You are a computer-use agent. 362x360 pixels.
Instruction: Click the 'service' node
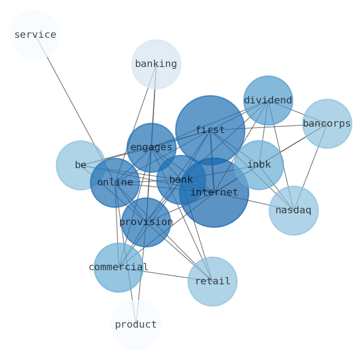[x=35, y=35]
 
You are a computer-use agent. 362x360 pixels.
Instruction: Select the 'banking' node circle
[x=156, y=64]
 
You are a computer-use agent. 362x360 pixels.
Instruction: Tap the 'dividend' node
[x=268, y=100]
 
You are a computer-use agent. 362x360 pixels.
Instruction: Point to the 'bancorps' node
[x=327, y=123]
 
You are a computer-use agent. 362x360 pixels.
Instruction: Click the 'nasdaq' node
[x=293, y=211]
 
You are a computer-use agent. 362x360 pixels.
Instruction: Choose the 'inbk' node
[x=259, y=165]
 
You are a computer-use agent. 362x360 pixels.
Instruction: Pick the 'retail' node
[x=212, y=281]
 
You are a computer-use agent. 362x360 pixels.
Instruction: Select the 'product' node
[x=136, y=324]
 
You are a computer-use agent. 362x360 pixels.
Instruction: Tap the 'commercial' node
[x=119, y=267]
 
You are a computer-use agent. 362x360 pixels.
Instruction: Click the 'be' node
[x=81, y=165]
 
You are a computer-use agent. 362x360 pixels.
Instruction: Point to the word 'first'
[x=210, y=130]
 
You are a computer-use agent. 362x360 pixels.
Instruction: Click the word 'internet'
[x=214, y=193]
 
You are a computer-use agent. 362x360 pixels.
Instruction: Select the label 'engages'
[x=151, y=148]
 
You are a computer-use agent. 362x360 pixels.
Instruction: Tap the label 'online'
[x=115, y=183]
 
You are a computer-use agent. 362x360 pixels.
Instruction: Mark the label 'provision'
[x=146, y=222]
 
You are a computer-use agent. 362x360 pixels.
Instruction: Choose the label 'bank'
[x=181, y=180]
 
